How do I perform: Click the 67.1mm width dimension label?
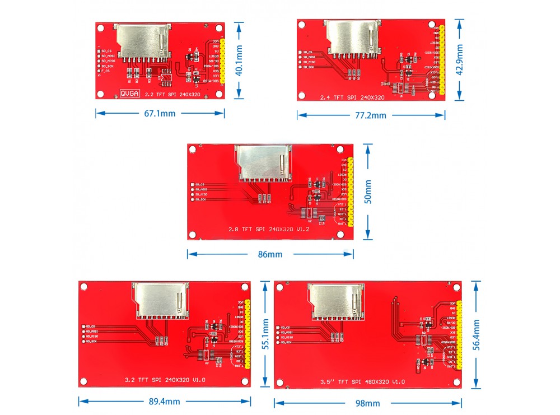click(160, 113)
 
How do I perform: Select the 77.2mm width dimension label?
click(371, 115)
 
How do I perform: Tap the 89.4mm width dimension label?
click(164, 401)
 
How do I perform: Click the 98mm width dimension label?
click(367, 403)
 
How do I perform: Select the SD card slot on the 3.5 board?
click(337, 301)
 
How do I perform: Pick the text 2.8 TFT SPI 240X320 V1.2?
click(269, 229)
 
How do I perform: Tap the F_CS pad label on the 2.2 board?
click(105, 71)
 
